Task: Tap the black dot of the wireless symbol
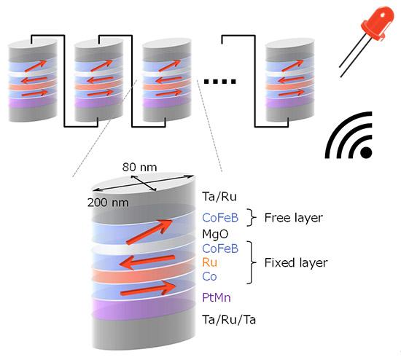tap(366, 152)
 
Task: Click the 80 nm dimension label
tap(139, 167)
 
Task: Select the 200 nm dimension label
tap(108, 203)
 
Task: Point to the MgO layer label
tap(215, 234)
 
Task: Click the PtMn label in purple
tap(217, 297)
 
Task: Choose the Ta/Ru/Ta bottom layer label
tap(229, 320)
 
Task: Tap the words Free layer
tap(294, 218)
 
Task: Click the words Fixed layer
tap(296, 262)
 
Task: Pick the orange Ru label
tap(209, 262)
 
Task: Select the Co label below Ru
tap(209, 276)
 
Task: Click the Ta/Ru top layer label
tap(219, 197)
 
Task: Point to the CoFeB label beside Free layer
tap(220, 218)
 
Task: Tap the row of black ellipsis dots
tap(219, 82)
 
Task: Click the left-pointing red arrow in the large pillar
tap(147, 262)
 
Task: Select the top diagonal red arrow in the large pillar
tap(149, 232)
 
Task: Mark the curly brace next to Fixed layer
tap(252, 262)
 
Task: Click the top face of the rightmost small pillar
tap(289, 43)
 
